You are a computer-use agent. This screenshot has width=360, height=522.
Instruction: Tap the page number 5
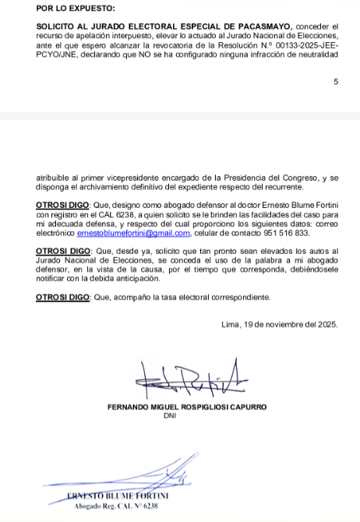pos(336,81)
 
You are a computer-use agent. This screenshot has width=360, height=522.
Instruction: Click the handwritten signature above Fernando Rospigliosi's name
pos(191,382)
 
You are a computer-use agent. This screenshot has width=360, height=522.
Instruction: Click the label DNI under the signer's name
pos(171,416)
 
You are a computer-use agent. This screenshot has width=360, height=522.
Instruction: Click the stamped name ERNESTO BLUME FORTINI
pos(118,496)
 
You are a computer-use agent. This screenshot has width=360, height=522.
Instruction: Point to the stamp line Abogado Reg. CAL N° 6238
pos(118,506)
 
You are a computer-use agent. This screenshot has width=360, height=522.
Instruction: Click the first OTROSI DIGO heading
pos(64,203)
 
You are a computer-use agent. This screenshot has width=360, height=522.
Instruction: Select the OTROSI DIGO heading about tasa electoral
pos(64,297)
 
